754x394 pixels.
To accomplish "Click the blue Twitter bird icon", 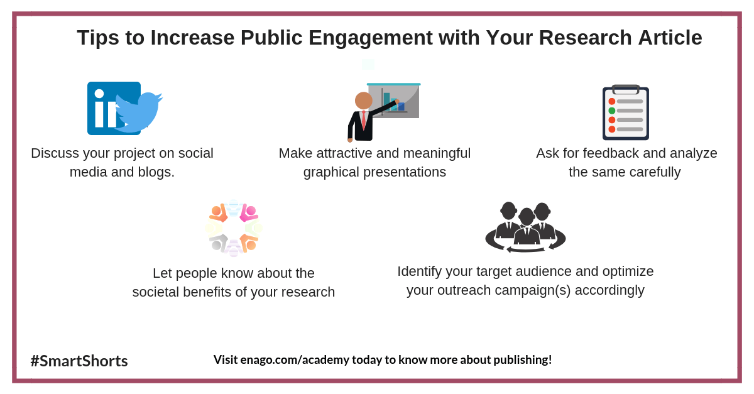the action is pos(139,112).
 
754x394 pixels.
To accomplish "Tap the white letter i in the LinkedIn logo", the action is pos(99,108).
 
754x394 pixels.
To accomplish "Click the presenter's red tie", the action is pos(364,120).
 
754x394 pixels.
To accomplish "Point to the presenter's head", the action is pos(364,101).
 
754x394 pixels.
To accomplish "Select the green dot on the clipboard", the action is pos(612,111).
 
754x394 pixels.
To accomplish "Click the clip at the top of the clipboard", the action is pos(626,89).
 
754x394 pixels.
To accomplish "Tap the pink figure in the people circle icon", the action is pos(249,213).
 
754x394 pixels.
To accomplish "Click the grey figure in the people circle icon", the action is pos(218,243).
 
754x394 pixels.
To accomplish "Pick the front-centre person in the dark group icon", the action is pos(527,227).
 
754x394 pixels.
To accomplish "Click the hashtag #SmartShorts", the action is pos(79,361).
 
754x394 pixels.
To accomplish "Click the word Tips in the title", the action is pos(98,38).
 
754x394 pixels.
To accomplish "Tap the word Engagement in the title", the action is pos(371,38).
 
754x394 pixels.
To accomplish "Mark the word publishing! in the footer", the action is pos(522,360).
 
